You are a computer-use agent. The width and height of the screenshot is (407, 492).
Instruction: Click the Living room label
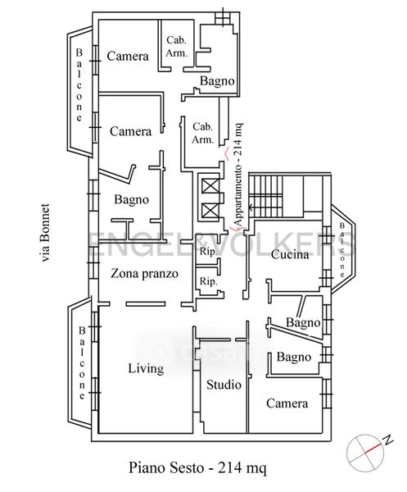click(146, 368)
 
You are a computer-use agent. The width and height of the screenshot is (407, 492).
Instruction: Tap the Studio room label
click(224, 385)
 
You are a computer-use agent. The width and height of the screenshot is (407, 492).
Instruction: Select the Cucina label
click(290, 254)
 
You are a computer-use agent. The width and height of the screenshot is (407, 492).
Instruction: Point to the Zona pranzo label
click(144, 273)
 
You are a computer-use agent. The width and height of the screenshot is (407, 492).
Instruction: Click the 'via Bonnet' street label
click(45, 233)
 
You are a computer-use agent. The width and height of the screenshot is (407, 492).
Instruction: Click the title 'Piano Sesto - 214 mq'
click(197, 467)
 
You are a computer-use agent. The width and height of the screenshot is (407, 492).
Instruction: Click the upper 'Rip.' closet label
click(208, 252)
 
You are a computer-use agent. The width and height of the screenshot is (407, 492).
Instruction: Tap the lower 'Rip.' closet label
click(208, 281)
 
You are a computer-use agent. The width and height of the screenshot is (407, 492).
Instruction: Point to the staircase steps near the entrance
click(265, 196)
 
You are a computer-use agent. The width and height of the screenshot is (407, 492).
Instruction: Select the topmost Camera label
click(128, 56)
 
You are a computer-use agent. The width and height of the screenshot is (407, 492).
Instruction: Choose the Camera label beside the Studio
click(287, 403)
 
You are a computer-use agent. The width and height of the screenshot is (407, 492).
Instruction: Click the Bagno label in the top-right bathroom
click(218, 81)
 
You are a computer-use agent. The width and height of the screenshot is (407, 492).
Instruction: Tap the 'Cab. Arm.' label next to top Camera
click(176, 47)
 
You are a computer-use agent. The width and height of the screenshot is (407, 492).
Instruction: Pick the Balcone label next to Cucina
click(342, 250)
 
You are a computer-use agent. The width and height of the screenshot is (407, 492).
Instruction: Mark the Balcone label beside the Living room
click(82, 362)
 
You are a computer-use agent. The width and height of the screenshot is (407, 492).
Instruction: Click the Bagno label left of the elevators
click(131, 199)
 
